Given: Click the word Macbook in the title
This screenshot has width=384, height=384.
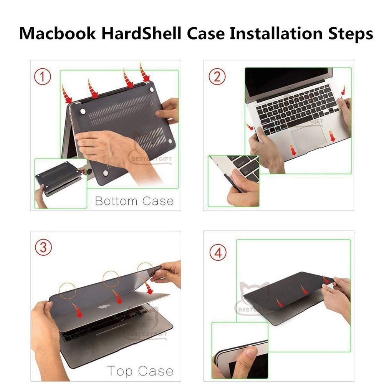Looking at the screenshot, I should coord(58,33).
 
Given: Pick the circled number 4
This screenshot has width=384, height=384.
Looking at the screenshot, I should coord(218,253).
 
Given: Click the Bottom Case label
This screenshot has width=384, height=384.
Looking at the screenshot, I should coord(134,201).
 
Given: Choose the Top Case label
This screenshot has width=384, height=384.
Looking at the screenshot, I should coord(140,371).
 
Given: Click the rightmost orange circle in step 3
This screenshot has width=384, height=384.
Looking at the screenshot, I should coord(146,270).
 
